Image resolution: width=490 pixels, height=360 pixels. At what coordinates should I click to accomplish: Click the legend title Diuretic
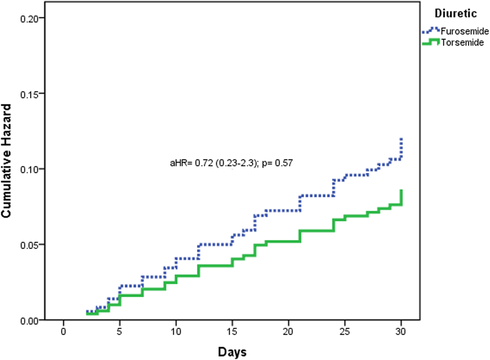456,14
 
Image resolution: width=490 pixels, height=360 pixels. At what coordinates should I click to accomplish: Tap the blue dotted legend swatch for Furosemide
430,30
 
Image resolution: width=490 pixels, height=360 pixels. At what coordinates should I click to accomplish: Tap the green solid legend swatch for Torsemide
430,41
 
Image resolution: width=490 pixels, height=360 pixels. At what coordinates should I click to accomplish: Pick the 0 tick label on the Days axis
63,332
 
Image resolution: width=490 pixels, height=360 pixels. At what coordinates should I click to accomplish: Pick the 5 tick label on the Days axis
120,332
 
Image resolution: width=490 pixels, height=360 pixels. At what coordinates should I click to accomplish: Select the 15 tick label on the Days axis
232,332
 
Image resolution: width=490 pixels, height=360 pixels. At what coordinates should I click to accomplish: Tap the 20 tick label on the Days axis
289,332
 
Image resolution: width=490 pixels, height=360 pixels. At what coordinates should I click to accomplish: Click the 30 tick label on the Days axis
401,332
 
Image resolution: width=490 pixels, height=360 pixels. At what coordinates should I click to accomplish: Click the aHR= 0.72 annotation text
232,163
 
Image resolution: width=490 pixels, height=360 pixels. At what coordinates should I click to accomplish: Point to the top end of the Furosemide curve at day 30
401,139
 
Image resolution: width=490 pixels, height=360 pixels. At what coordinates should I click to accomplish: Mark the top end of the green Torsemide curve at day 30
401,190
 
